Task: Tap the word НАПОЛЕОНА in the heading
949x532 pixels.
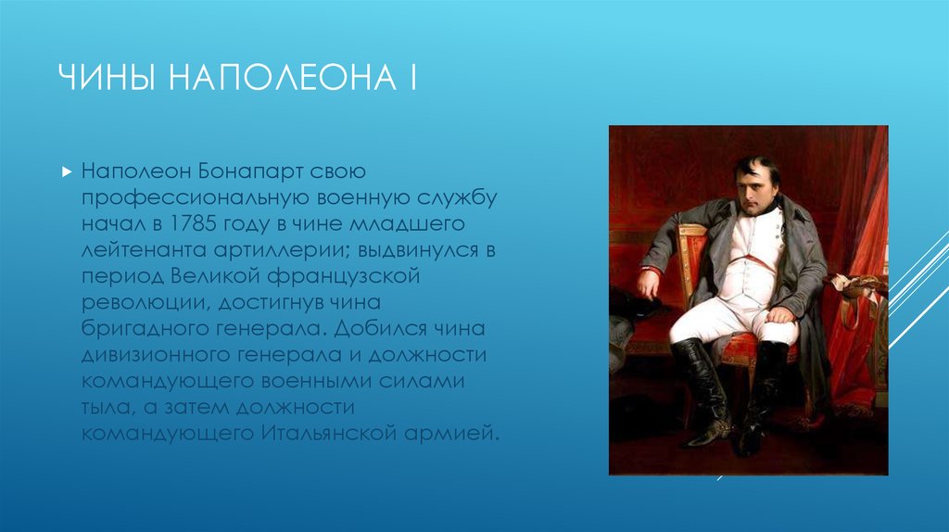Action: coord(282,78)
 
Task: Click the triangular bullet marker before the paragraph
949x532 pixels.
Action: coord(67,171)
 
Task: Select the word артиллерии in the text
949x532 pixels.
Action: coord(283,250)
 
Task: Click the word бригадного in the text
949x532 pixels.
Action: coord(146,329)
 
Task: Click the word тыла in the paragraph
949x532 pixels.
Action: coord(107,407)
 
